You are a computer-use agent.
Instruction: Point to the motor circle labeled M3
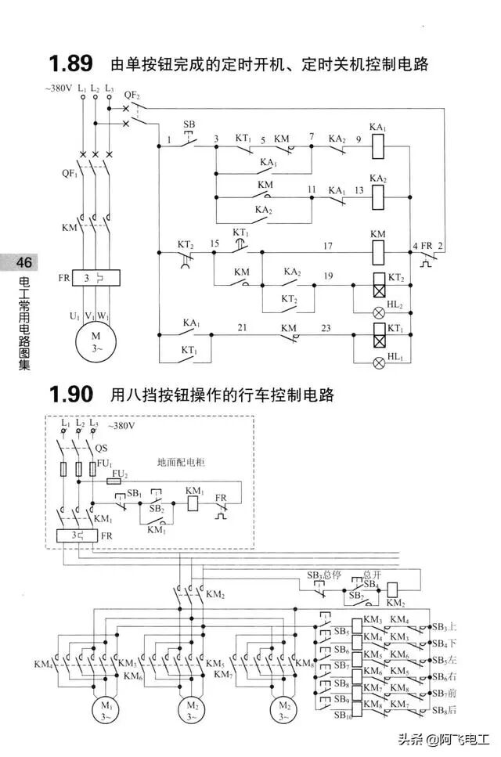(x=283, y=711)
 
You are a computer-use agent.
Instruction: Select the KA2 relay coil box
(x=378, y=197)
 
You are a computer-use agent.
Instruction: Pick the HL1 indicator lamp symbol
(x=378, y=362)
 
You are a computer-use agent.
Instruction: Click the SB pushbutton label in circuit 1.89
(x=189, y=125)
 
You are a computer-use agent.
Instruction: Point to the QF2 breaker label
(x=132, y=95)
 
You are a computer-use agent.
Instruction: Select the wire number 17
(x=327, y=246)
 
